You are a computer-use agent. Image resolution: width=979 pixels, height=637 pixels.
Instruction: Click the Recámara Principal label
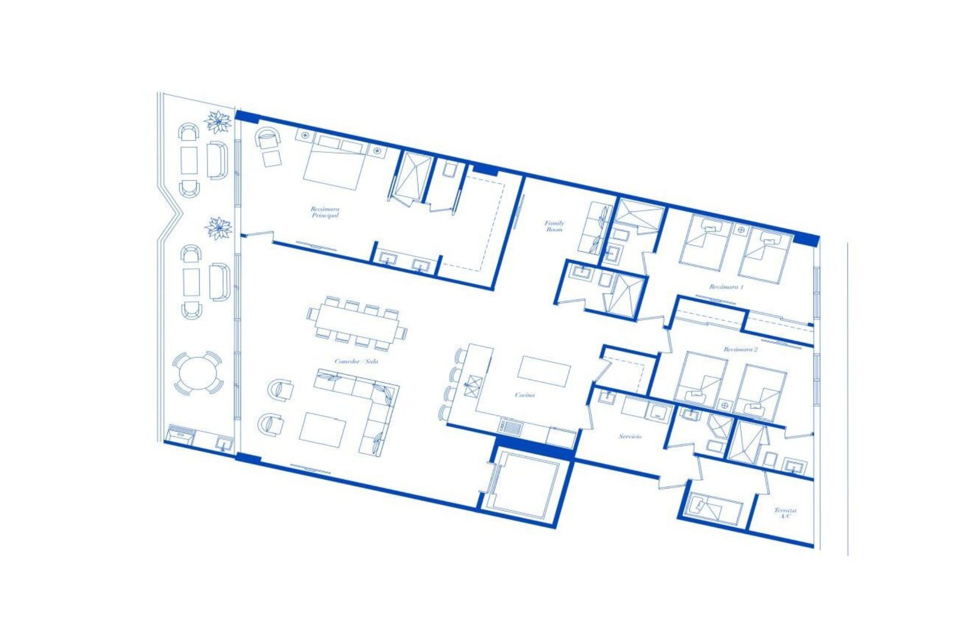325,212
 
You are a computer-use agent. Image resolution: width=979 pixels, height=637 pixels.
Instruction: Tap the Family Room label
555,225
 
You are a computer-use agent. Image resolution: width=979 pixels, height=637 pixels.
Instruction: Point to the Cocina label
525,394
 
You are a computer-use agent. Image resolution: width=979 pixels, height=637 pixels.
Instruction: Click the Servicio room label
630,436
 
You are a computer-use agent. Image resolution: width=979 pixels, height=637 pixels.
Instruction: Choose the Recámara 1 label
726,287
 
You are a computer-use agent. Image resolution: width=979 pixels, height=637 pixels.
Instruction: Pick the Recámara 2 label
741,349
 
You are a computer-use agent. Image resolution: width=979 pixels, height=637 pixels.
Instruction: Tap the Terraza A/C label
785,513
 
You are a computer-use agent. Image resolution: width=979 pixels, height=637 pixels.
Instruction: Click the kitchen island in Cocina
544,371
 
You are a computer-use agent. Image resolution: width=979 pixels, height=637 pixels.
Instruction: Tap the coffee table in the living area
323,429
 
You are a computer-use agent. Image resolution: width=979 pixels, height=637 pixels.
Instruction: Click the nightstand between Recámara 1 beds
741,229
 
